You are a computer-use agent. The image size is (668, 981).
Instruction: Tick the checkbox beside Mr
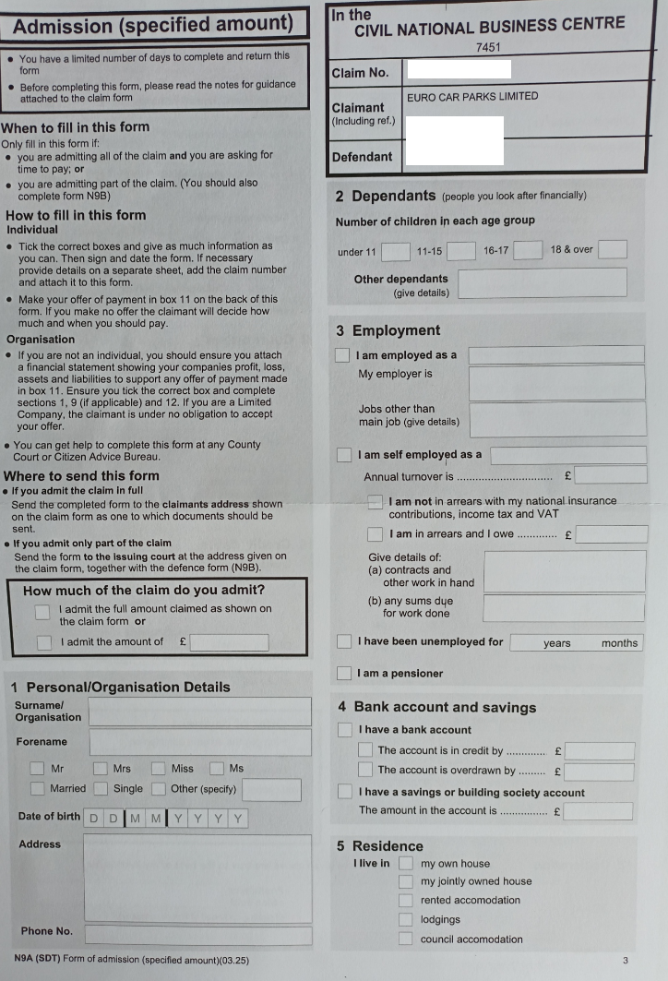pos(37,768)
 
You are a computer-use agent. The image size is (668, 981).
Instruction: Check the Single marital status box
pos(100,788)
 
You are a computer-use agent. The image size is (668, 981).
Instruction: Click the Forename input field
pos(200,742)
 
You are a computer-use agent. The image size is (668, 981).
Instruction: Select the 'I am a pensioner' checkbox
pos(343,674)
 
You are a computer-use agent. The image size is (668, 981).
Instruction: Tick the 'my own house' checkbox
pos(405,864)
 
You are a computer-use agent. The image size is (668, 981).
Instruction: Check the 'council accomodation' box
pos(405,939)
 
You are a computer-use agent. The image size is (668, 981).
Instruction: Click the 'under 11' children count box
pos(395,251)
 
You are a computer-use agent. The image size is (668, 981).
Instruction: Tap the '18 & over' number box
pos(612,249)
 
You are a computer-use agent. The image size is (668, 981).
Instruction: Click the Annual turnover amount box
pos(610,476)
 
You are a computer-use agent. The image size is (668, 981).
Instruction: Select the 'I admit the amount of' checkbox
pos(43,642)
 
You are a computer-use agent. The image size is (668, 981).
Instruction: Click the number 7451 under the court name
pos(488,45)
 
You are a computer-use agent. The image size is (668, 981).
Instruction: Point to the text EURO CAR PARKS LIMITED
pos(471,96)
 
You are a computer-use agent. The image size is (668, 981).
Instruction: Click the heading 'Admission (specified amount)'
pos(153,25)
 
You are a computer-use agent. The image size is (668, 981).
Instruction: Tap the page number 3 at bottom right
pos(625,960)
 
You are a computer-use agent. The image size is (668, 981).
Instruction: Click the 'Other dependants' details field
pos(543,282)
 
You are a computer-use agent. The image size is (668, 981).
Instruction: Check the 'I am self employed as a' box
pos(344,455)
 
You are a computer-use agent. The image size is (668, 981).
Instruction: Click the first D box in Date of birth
pos(93,819)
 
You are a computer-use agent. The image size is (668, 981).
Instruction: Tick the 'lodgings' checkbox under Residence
pos(405,919)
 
